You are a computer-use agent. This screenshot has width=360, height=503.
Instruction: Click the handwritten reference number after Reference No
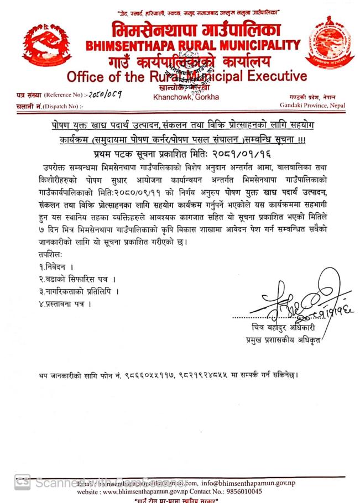(x=101, y=94)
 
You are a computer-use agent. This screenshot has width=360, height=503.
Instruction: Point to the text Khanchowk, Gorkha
(x=186, y=97)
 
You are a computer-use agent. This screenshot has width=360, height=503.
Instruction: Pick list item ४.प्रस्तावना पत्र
(x=61, y=303)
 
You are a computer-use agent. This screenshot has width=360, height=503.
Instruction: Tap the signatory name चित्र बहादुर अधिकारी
(x=282, y=328)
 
